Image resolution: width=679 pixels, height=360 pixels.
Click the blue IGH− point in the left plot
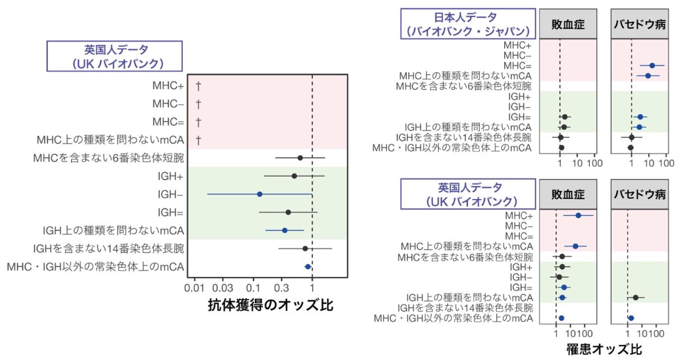(x=260, y=194)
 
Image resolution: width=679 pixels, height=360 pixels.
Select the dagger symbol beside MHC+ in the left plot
(x=198, y=85)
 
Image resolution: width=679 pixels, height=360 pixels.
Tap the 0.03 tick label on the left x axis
(x=223, y=289)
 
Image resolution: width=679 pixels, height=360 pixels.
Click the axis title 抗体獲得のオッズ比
(x=270, y=304)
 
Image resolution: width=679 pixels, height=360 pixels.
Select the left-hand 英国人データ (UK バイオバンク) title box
(x=115, y=56)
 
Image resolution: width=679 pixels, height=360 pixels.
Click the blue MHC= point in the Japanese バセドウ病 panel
(x=652, y=66)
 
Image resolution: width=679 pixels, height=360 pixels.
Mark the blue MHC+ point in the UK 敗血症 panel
(x=579, y=215)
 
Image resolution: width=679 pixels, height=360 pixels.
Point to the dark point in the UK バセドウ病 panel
(x=636, y=298)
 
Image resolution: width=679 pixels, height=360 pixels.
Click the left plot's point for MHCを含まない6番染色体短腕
(x=300, y=158)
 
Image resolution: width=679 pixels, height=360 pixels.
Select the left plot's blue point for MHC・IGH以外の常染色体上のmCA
(x=308, y=266)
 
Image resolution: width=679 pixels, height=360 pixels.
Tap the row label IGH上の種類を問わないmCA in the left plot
(x=113, y=231)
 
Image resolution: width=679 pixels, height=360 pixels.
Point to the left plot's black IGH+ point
(x=295, y=176)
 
